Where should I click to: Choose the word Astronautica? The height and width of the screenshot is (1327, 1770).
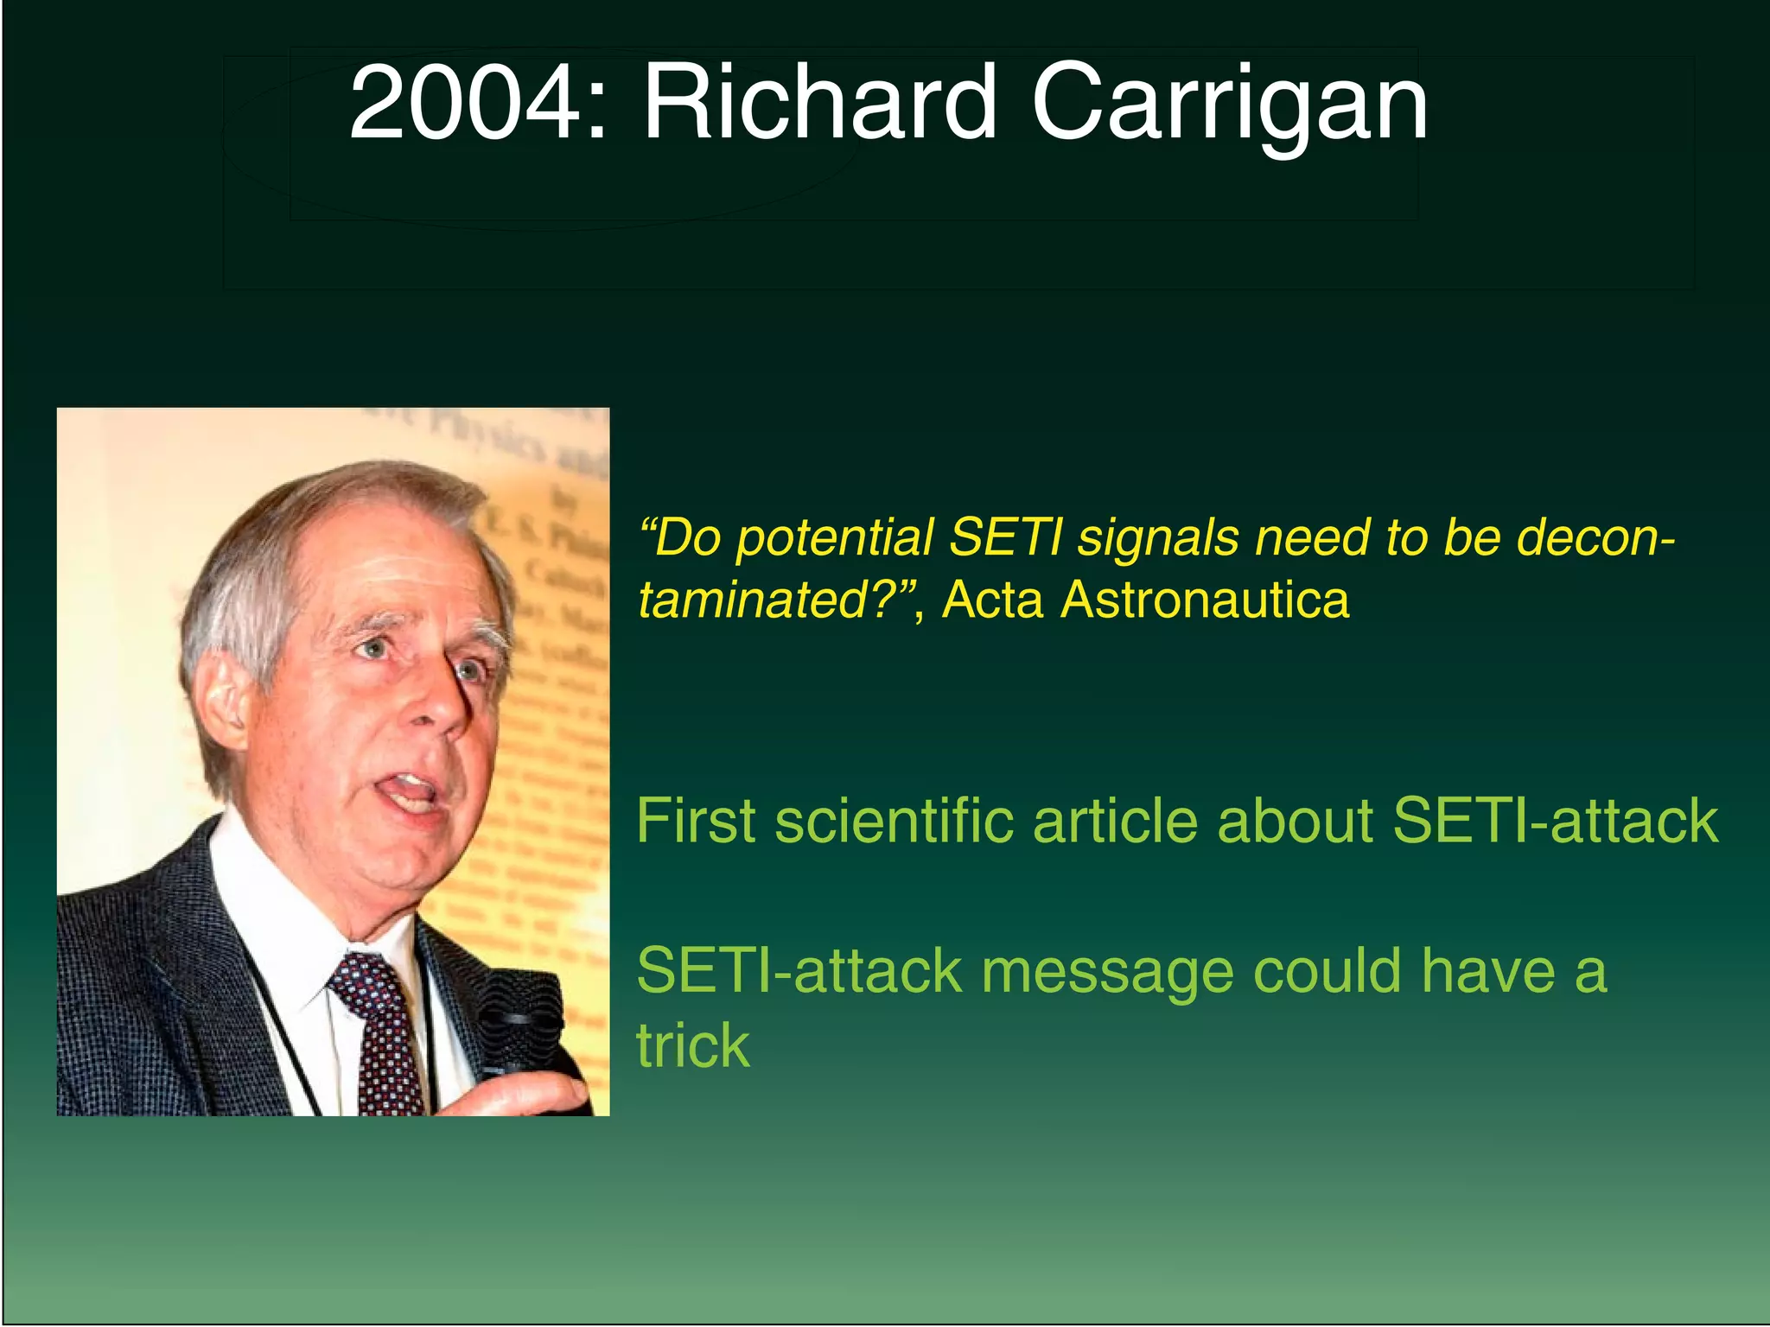click(1205, 600)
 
